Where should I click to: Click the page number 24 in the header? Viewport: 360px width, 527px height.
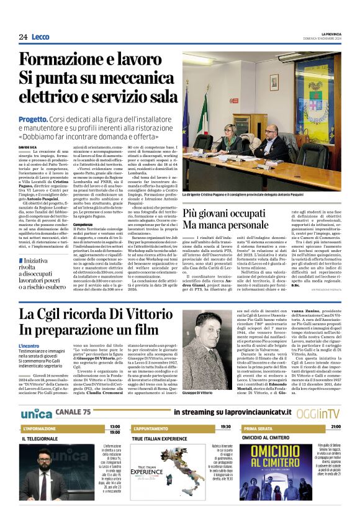click(x=23, y=37)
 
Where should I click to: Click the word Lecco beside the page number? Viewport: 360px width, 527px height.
click(x=41, y=37)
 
